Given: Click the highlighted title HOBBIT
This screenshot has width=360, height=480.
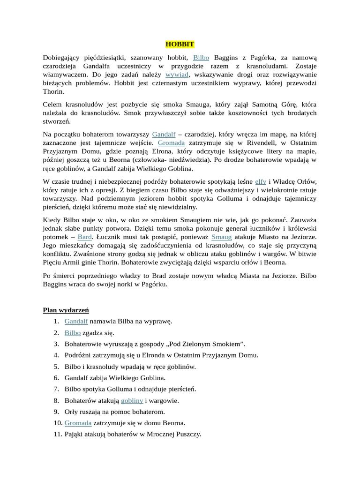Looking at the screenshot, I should [180, 45].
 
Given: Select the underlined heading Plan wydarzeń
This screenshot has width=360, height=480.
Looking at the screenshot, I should [66, 310].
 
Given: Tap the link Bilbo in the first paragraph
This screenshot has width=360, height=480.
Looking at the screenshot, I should [201, 58].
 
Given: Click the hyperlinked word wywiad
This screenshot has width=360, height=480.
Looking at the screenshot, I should [177, 75].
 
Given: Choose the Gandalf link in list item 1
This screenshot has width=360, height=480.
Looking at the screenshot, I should [76, 322].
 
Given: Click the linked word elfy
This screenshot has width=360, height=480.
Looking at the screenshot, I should [261, 181].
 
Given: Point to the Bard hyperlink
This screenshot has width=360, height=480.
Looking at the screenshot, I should [85, 237].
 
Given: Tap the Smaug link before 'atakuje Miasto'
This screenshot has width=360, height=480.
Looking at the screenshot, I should [221, 237].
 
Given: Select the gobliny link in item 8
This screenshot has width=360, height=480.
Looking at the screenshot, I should [132, 401].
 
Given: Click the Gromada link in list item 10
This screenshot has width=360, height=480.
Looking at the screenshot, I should [78, 423].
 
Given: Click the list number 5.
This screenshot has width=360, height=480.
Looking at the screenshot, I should [56, 367].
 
